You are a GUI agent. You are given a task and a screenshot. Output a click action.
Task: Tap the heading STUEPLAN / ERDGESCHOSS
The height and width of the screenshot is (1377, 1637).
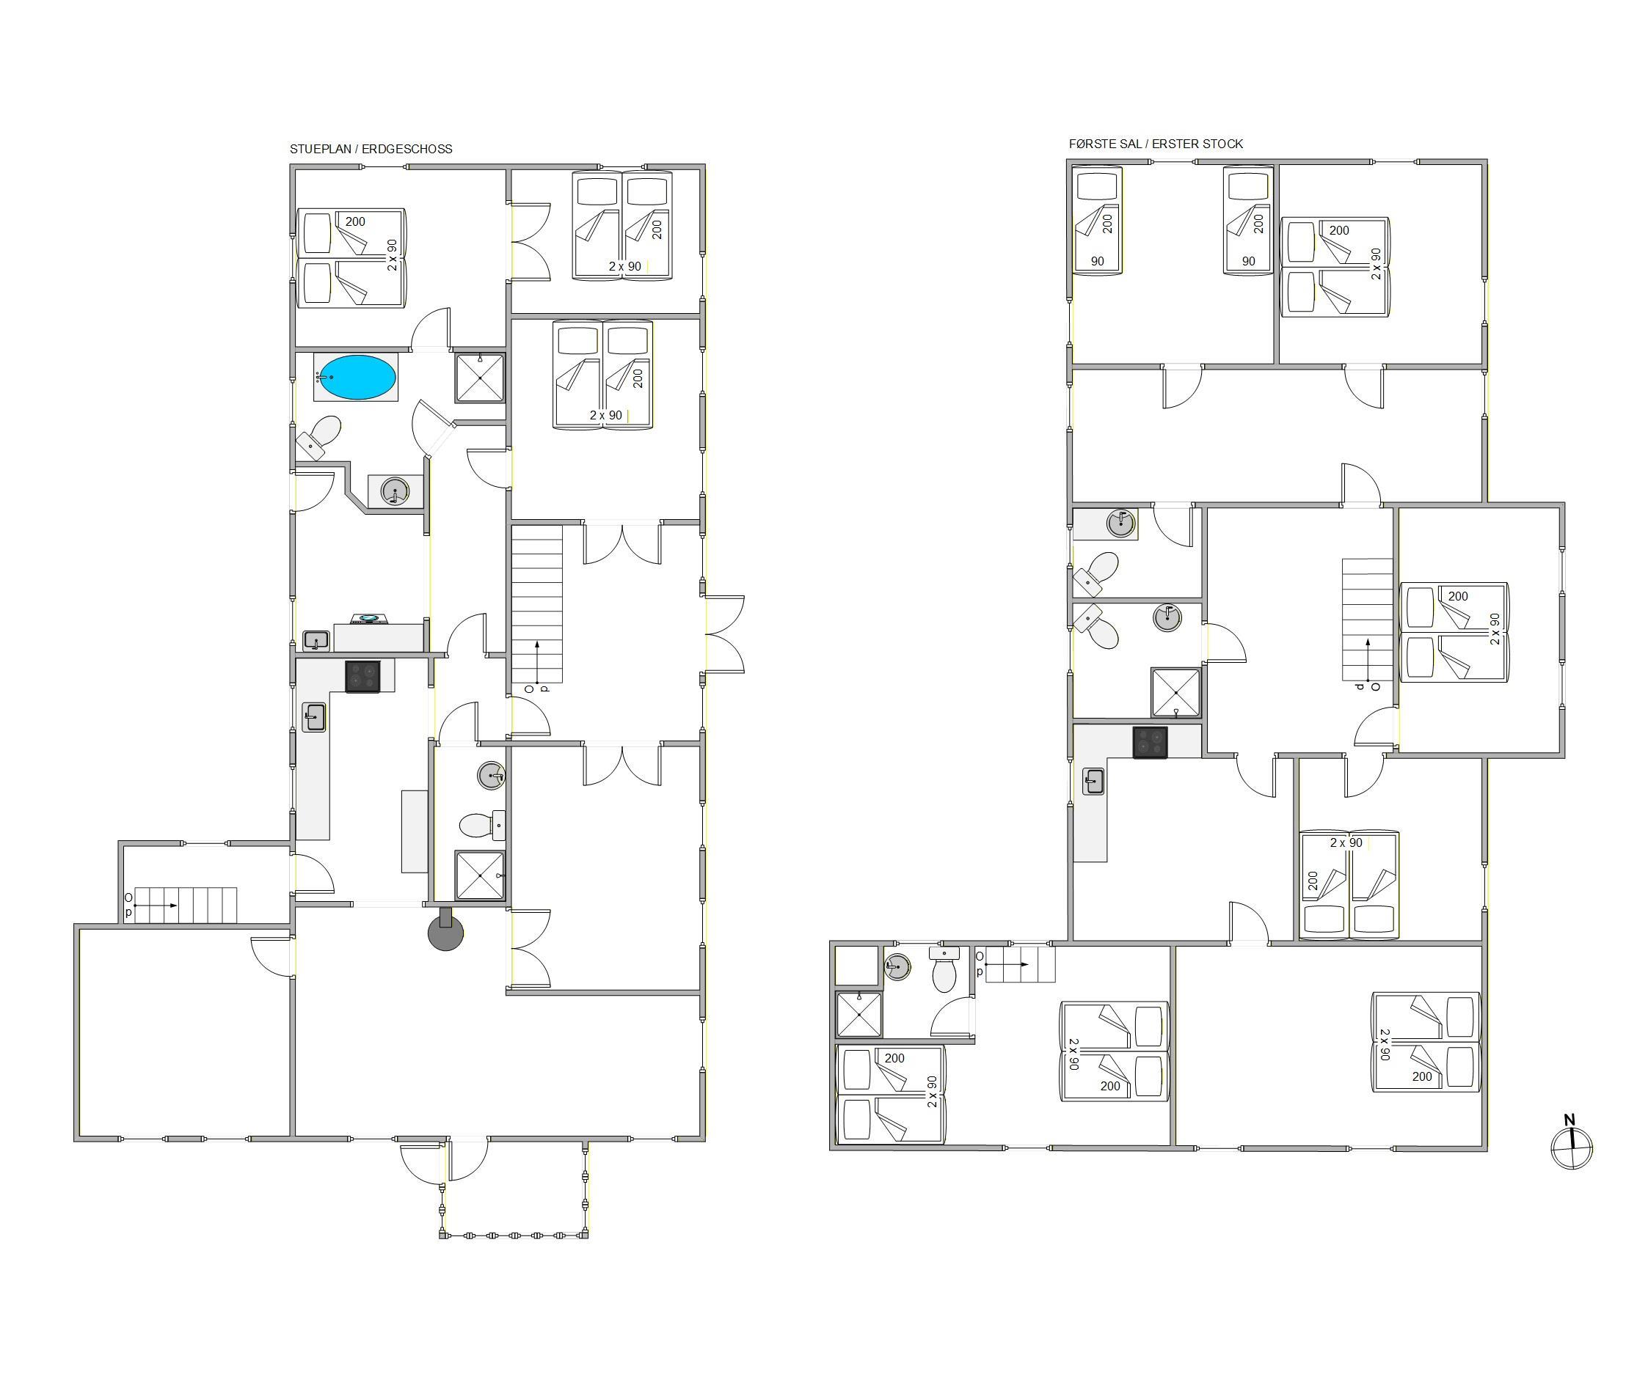click(x=371, y=149)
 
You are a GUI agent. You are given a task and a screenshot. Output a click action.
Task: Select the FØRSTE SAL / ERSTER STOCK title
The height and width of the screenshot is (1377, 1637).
click(x=1156, y=144)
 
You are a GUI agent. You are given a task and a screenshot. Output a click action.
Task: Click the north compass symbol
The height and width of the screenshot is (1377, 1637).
click(x=1571, y=1145)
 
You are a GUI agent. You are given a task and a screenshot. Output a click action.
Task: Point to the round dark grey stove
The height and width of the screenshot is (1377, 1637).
click(x=445, y=931)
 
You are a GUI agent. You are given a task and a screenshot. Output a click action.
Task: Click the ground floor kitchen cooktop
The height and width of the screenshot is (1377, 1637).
click(x=362, y=676)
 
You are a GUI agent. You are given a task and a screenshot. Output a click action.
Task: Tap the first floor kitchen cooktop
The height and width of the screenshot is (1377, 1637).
click(x=1151, y=741)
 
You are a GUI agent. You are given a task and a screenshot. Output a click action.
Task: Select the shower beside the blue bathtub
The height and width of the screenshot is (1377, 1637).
click(x=480, y=378)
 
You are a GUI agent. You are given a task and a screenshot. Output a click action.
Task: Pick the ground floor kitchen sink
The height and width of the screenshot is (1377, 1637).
click(x=314, y=716)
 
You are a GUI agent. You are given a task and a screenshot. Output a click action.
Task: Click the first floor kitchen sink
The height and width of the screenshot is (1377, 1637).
click(x=1093, y=782)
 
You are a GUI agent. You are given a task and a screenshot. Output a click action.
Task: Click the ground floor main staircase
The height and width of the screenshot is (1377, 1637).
click(x=536, y=604)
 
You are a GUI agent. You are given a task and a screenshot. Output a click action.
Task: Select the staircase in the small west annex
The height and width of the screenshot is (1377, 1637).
click(x=186, y=905)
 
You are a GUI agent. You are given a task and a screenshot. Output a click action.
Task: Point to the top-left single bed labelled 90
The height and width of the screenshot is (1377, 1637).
click(x=1097, y=220)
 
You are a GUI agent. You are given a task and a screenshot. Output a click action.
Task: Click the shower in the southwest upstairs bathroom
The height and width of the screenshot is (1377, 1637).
click(x=858, y=1014)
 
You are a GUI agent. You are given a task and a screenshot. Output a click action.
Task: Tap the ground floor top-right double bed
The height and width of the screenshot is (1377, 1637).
click(x=622, y=225)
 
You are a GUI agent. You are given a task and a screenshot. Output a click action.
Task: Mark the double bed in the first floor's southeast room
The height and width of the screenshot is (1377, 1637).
click(x=1426, y=1041)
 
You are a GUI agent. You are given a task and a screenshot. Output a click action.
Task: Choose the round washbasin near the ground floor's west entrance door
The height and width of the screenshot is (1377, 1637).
click(x=395, y=491)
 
